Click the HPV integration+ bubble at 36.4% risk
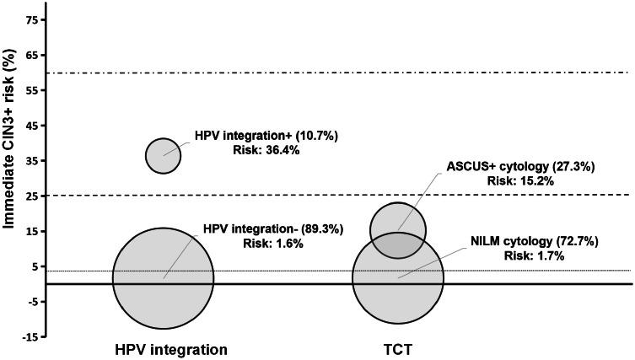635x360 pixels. coord(164,155)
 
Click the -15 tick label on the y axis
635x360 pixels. coord(28,336)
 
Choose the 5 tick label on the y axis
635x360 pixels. coord(33,266)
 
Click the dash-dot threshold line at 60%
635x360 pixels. coord(337,73)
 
